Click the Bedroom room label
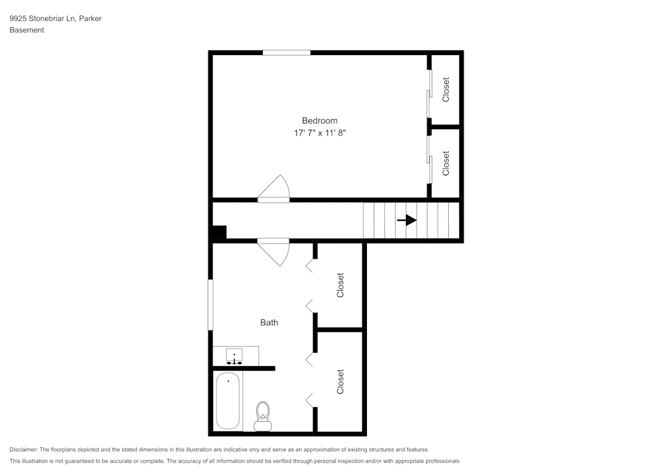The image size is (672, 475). click(319, 121)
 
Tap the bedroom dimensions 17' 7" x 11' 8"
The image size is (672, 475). click(319, 134)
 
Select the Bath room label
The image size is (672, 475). click(269, 322)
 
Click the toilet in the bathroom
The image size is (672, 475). click(262, 415)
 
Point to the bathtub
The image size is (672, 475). click(228, 400)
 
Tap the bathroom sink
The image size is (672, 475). click(235, 355)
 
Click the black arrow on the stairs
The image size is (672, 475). click(407, 220)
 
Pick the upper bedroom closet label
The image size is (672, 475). click(446, 89)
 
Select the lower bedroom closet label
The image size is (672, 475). click(446, 163)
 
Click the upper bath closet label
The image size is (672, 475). click(340, 285)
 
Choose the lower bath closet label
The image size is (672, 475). click(340, 382)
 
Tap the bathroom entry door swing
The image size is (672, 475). click(276, 253)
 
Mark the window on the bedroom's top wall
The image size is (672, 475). click(286, 52)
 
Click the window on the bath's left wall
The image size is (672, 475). click(210, 305)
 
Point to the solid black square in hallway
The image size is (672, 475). click(219, 233)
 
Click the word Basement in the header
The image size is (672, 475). click(27, 30)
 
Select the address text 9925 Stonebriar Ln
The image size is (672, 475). click(42, 19)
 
